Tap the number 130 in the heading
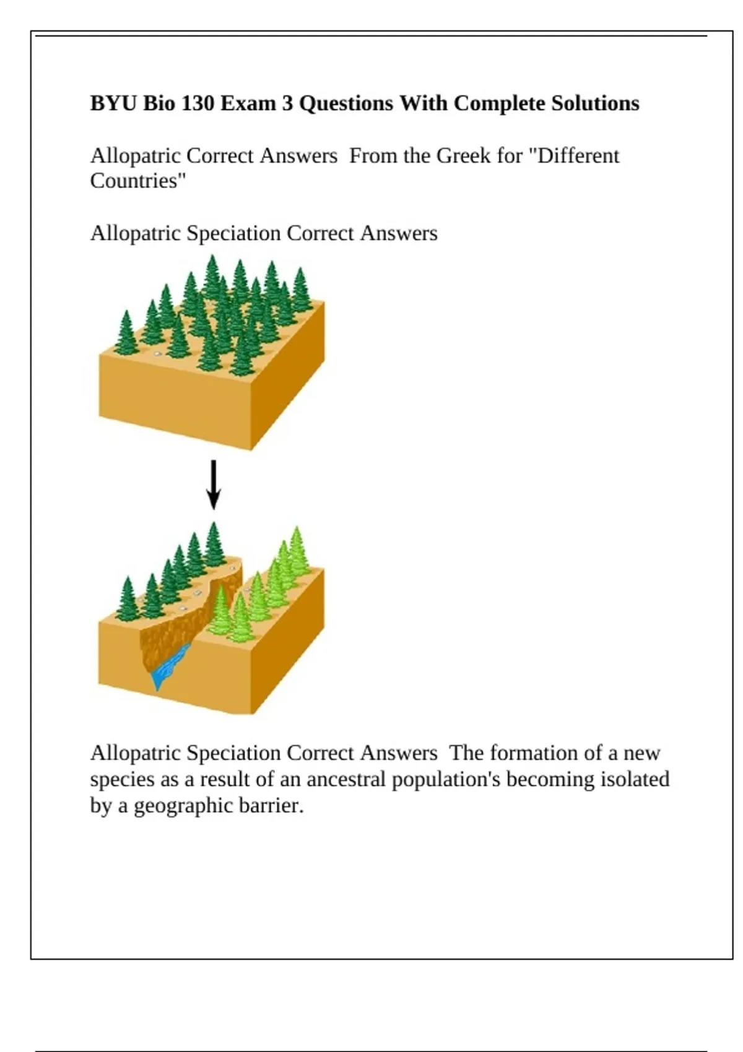point(197,103)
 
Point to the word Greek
point(463,156)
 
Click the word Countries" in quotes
point(137,181)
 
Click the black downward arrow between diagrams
point(214,485)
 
